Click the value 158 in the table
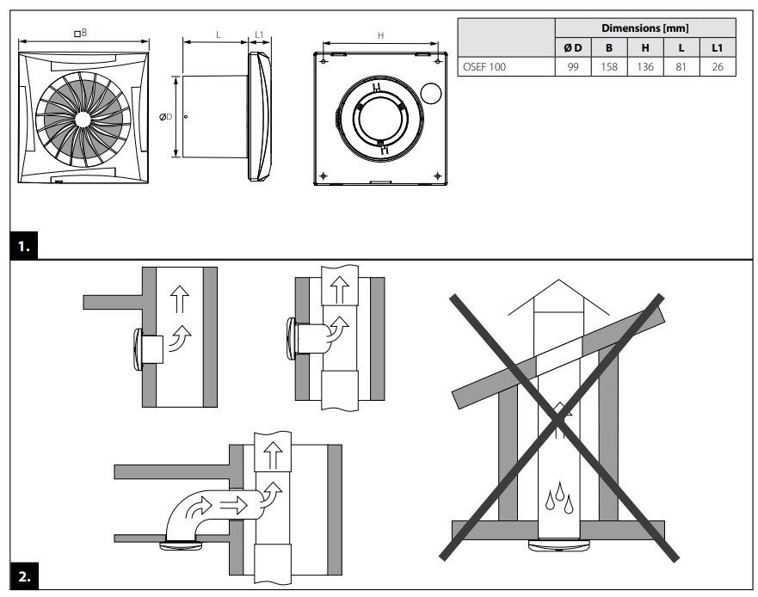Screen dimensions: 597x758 [609, 67]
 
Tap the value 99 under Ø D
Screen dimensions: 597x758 [573, 67]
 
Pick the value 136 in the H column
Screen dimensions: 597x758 [645, 67]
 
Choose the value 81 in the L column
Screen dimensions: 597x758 [681, 67]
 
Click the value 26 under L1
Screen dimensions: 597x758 [718, 67]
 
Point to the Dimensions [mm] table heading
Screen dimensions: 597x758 [645, 28]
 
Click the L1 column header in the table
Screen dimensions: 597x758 [718, 48]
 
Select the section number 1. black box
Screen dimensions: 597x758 [24, 248]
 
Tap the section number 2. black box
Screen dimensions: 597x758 [24, 576]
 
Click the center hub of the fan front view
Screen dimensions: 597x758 [83, 121]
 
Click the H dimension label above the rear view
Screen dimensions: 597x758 [381, 36]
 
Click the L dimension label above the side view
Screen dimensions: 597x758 [218, 35]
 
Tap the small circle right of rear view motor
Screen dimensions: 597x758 [432, 92]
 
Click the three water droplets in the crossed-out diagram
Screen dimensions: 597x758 [558, 496]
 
